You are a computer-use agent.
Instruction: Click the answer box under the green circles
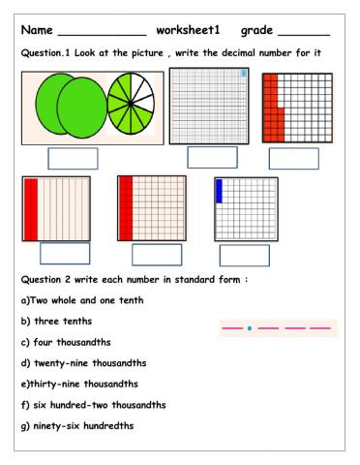point(73,158)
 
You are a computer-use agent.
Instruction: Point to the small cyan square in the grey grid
point(243,74)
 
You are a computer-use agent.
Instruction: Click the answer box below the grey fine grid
point(212,157)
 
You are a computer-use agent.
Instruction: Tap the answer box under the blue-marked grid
point(244,255)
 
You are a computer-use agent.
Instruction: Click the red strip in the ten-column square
point(30,207)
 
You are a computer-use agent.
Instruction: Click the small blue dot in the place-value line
point(250,328)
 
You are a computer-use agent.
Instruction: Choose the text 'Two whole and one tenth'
point(88,300)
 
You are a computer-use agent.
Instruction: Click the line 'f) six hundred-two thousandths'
point(98,405)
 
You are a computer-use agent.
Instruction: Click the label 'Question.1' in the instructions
point(47,55)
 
